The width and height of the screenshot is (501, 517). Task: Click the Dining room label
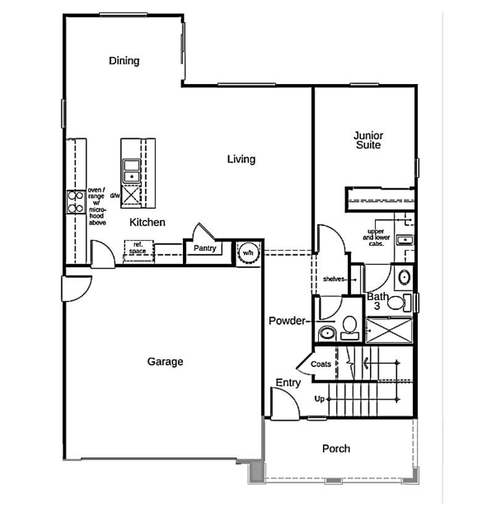[124, 61]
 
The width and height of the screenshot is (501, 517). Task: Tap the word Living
[241, 159]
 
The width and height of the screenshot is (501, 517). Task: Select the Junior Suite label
[368, 140]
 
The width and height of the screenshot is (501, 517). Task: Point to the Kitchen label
[148, 222]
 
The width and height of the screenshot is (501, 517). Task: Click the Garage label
[165, 362]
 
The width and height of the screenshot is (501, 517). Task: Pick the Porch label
[336, 448]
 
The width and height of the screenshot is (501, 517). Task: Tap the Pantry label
[204, 248]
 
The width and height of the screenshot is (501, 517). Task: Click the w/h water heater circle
[248, 253]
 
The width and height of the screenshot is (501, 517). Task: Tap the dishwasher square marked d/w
[132, 196]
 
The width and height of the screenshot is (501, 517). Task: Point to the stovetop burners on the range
[75, 202]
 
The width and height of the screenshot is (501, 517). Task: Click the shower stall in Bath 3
[389, 330]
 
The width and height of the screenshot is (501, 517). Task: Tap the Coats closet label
[321, 364]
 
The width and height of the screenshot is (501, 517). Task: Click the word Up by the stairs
[319, 399]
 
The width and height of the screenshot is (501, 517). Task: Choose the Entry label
[288, 383]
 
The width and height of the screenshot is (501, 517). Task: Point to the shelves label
[334, 279]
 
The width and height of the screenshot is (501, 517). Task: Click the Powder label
[287, 321]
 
